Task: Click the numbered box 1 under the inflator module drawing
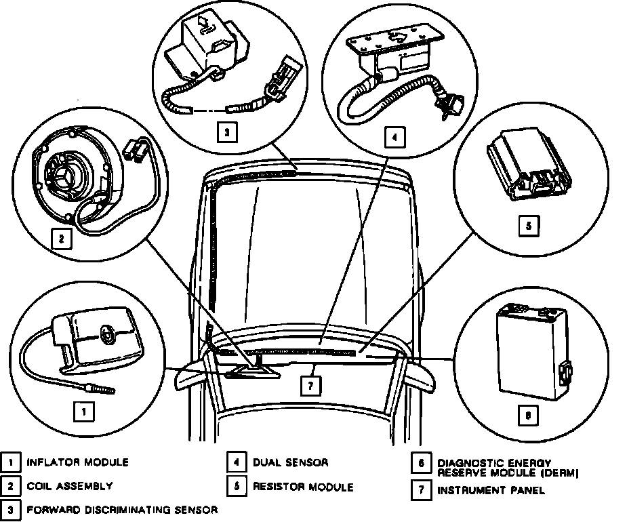[x=83, y=410]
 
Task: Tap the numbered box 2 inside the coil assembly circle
[x=62, y=238]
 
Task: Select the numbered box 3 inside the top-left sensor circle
[x=228, y=132]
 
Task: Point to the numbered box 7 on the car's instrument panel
[x=310, y=385]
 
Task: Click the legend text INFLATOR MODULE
[x=77, y=462]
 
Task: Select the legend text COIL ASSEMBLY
[x=69, y=486]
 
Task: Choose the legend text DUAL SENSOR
[x=290, y=462]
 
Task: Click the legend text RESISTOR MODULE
[x=303, y=486]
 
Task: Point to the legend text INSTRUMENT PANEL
[x=491, y=489]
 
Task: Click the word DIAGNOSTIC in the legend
[x=466, y=462]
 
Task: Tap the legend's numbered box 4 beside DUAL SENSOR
[x=236, y=463]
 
